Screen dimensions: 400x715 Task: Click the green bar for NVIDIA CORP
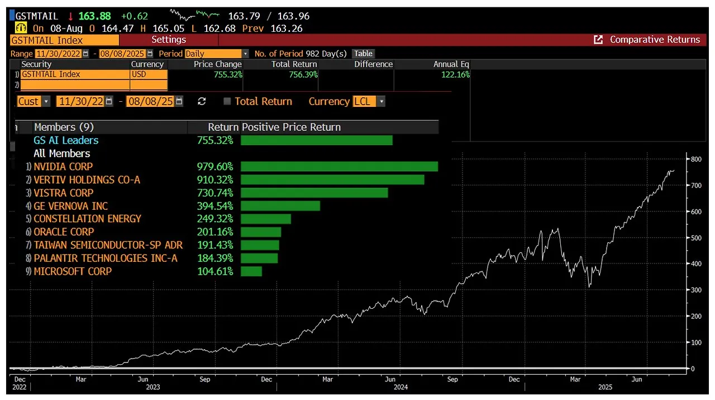tap(339, 167)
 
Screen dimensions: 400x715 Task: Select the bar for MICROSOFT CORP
tap(251, 271)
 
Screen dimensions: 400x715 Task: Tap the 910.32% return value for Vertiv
tap(215, 180)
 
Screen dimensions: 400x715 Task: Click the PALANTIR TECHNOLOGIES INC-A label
tap(106, 258)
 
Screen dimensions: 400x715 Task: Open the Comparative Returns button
tap(648, 40)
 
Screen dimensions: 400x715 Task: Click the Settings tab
tap(168, 40)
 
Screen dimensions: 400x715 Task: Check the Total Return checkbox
tap(227, 101)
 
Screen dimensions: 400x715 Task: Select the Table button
tap(363, 54)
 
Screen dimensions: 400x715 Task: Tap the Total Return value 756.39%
tap(301, 74)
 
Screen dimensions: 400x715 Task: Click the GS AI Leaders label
tap(66, 140)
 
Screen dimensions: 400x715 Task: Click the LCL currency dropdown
tap(369, 101)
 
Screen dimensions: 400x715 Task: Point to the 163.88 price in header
tap(94, 16)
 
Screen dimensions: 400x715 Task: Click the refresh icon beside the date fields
tap(202, 101)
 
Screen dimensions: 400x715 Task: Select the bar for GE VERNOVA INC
tap(280, 206)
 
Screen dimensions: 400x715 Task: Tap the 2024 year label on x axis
tap(400, 387)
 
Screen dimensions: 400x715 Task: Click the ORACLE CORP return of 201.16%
tap(215, 232)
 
